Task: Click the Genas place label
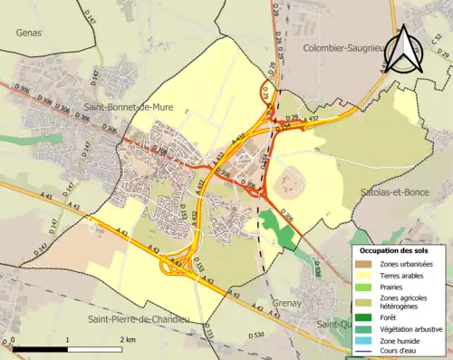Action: coord(29,32)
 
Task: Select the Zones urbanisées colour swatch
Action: coord(366,264)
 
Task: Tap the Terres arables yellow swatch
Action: coord(366,276)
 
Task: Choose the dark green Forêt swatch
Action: coord(366,317)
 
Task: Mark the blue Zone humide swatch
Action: coord(366,341)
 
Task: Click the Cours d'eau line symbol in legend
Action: coord(366,352)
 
